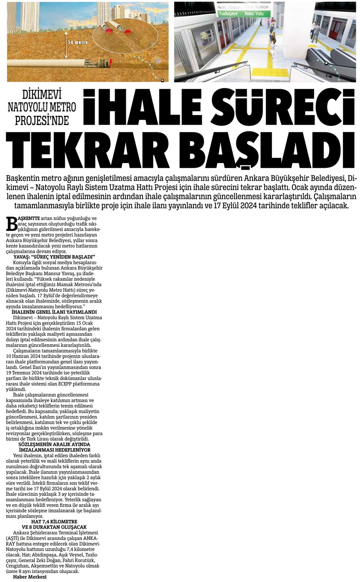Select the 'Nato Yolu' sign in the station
254,14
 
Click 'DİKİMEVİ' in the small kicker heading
42,95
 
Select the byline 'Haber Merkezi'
30,577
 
